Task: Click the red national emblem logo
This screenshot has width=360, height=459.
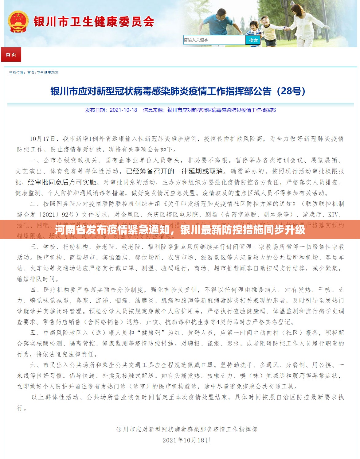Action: coord(18,22)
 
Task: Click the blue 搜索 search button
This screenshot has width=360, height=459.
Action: coord(253,40)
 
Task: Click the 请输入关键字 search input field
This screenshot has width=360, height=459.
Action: coord(214,40)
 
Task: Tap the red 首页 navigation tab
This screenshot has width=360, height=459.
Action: coord(11,55)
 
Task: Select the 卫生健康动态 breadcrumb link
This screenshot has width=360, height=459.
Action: coord(48,73)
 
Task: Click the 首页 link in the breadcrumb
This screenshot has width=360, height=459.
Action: coord(31,73)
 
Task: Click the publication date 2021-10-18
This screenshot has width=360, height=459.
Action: coord(123,110)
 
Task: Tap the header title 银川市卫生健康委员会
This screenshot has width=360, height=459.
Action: coord(94,21)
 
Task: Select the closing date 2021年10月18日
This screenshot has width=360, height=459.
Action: coord(186,440)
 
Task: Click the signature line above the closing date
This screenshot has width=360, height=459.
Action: coord(187,430)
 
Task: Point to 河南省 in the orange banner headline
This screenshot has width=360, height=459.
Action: coord(65,230)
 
